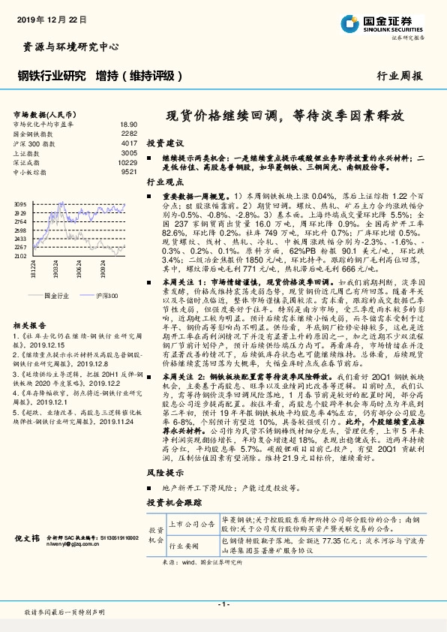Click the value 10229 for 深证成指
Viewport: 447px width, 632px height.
pyautogui.click(x=127, y=162)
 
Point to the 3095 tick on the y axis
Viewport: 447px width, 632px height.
pyautogui.click(x=19, y=204)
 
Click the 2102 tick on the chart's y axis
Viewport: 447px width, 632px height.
pyautogui.click(x=19, y=256)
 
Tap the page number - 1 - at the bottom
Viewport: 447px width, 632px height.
pyautogui.click(x=223, y=603)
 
